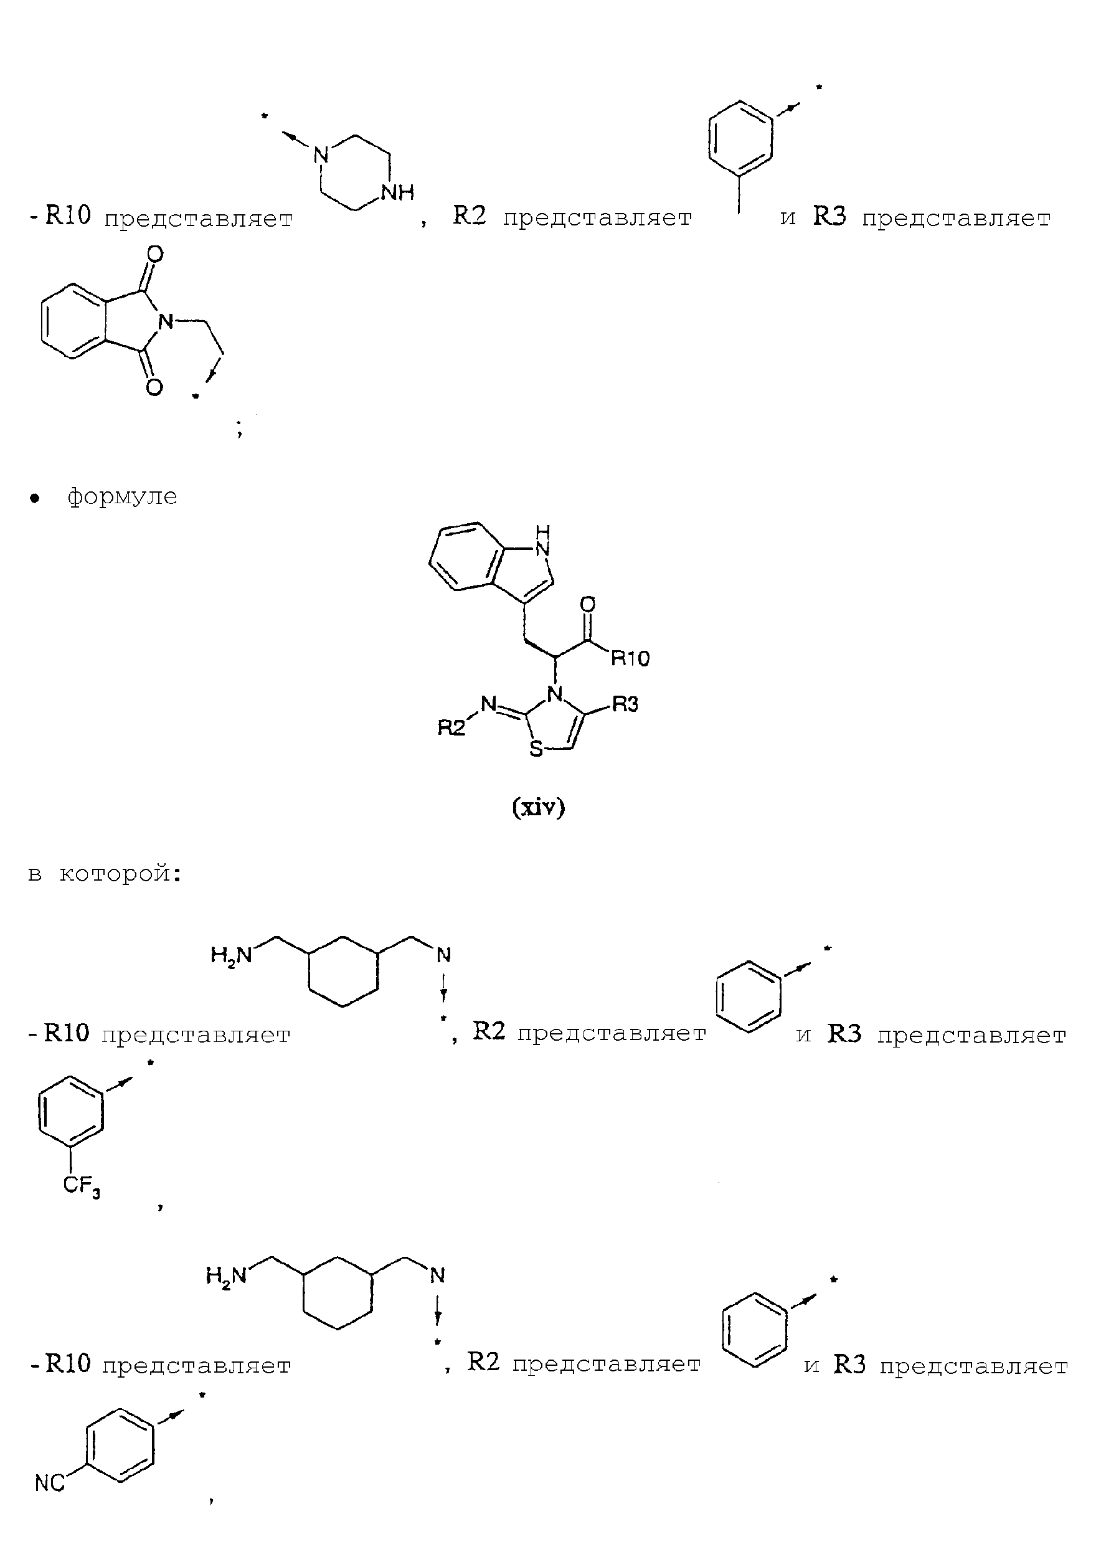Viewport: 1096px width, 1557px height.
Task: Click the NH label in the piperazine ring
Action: [x=398, y=192]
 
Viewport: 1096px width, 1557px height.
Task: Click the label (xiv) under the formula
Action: [x=539, y=807]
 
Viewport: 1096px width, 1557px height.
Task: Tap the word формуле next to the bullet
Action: [x=122, y=496]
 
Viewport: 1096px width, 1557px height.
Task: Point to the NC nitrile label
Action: [x=50, y=1484]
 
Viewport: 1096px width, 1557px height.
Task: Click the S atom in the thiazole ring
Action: [x=536, y=749]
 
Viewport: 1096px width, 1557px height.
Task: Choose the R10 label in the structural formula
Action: [x=630, y=658]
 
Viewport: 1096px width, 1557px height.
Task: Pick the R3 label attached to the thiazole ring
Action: [x=625, y=704]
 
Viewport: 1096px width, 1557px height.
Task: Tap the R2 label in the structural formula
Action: [x=451, y=728]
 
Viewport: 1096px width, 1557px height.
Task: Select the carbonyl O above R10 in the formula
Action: [x=588, y=603]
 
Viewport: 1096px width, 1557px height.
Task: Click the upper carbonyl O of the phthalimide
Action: [x=155, y=255]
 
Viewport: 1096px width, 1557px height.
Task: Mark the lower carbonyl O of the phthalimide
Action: [x=154, y=387]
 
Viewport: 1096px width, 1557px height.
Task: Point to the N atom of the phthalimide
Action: [x=166, y=321]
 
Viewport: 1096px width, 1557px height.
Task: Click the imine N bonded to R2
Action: [x=489, y=704]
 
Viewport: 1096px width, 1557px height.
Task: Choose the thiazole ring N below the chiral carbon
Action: [x=555, y=694]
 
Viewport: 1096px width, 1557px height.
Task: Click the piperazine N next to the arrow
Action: [x=321, y=155]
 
